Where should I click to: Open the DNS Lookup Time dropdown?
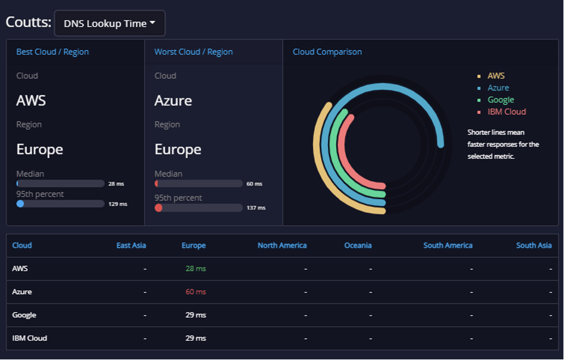coord(110,24)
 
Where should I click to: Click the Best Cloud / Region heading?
coord(52,52)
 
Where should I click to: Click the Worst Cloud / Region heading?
coord(193,52)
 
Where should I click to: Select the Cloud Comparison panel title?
coord(327,52)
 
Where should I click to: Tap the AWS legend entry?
coord(495,76)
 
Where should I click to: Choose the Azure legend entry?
coord(498,88)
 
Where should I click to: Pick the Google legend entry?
coord(500,100)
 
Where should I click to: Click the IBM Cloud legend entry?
coord(506,111)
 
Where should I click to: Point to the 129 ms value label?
coord(117,204)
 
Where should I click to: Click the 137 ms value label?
coord(256,208)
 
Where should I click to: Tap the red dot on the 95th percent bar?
coord(159,208)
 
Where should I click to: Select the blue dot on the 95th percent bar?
coord(20,204)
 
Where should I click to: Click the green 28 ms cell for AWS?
coord(196,269)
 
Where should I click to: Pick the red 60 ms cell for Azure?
coord(196,292)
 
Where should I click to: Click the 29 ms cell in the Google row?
coord(196,315)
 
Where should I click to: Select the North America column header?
coord(282,246)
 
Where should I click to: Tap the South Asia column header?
coord(534,246)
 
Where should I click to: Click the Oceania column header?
coord(358,246)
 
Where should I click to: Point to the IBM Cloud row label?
coord(29,338)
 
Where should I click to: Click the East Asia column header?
coord(131,246)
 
